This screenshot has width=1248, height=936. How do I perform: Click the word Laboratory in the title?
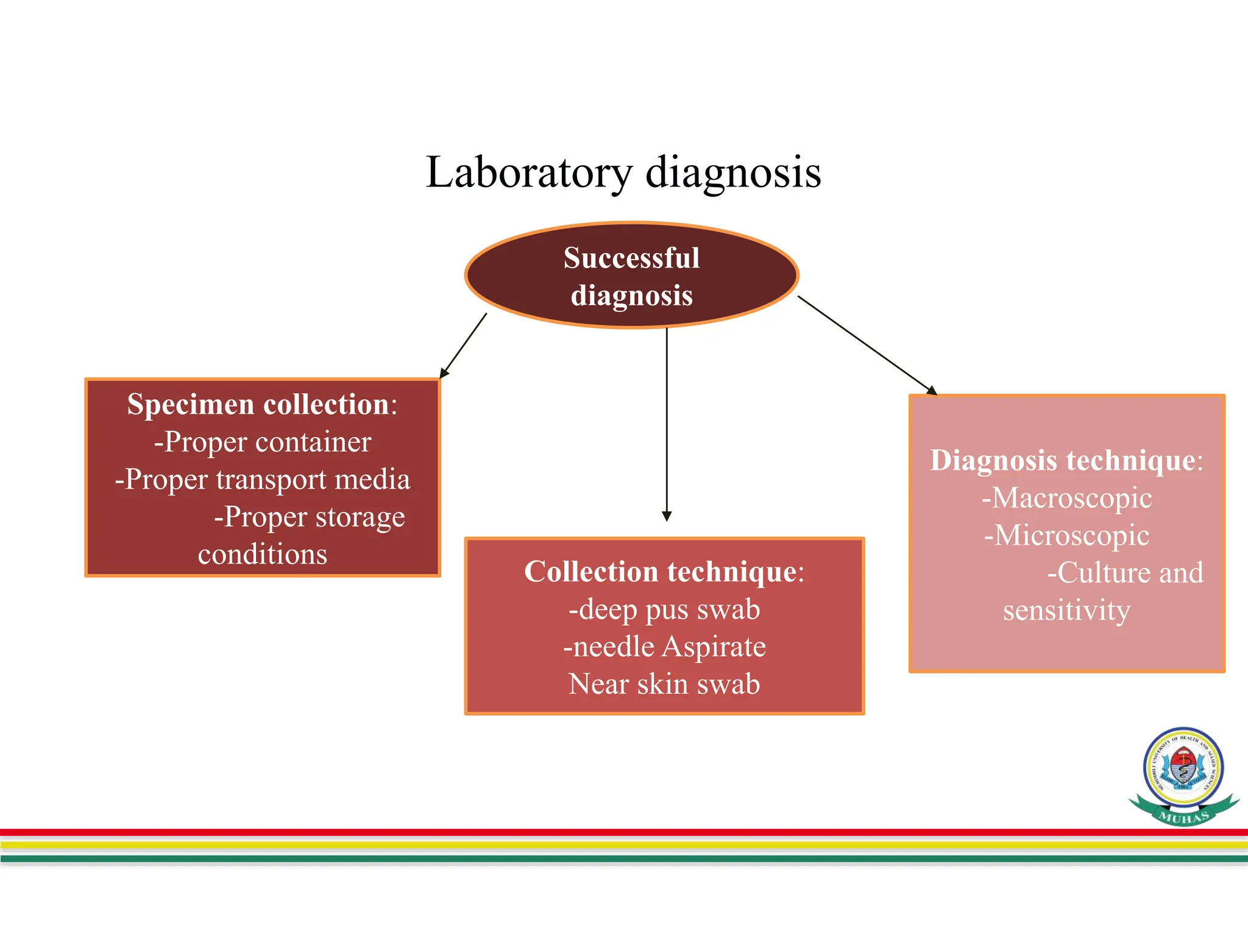click(529, 172)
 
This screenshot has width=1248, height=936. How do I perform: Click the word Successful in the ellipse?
click(631, 258)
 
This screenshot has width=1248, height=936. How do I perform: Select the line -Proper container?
click(262, 442)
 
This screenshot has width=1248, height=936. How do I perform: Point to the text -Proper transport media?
click(262, 480)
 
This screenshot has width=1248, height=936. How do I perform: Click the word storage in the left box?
click(360, 517)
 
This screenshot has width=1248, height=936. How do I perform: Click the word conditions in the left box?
click(262, 555)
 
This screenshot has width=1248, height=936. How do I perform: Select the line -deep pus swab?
click(664, 609)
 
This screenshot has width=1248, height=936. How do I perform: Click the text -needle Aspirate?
click(664, 647)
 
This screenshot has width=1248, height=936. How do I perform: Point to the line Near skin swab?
click(664, 684)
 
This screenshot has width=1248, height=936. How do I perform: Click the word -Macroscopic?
click(1066, 498)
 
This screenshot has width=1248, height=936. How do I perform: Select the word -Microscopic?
click(1066, 536)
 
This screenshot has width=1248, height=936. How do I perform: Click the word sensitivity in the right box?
click(1066, 611)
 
